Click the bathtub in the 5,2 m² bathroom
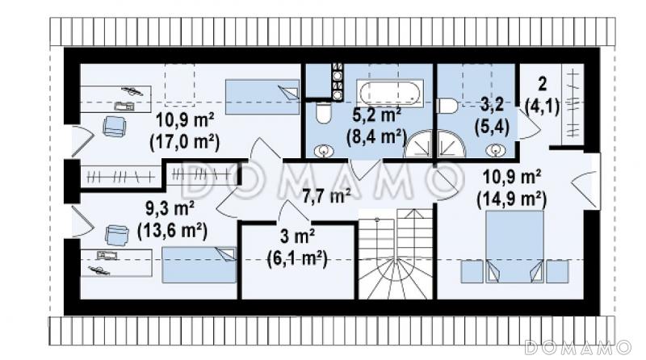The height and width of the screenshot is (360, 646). pyautogui.click(x=389, y=93)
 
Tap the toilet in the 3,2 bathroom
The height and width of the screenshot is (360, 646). pyautogui.click(x=447, y=106)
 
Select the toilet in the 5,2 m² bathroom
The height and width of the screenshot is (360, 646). pyautogui.click(x=324, y=112)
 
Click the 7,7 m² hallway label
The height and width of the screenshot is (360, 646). pyautogui.click(x=326, y=196)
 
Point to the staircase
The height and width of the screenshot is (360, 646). pyautogui.click(x=396, y=253)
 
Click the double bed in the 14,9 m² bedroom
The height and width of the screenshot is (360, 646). pyautogui.click(x=514, y=246)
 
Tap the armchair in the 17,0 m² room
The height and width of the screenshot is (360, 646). pyautogui.click(x=114, y=126)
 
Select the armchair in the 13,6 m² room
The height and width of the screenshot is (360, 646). pyautogui.click(x=116, y=235)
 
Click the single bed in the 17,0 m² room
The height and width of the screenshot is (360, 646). pyautogui.click(x=262, y=97)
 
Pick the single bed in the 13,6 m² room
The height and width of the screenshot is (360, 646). pyautogui.click(x=199, y=265)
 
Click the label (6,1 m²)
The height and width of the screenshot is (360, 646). pyautogui.click(x=297, y=259)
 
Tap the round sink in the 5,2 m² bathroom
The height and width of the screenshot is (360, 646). pyautogui.click(x=324, y=151)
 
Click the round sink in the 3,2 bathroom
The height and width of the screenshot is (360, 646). pyautogui.click(x=495, y=150)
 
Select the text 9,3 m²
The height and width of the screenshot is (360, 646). pyautogui.click(x=170, y=208)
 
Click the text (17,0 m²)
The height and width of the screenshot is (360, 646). pyautogui.click(x=185, y=142)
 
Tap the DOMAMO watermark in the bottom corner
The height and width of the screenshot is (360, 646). pyautogui.click(x=577, y=347)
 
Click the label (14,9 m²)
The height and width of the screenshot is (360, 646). pyautogui.click(x=512, y=199)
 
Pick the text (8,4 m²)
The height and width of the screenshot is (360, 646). pyautogui.click(x=376, y=136)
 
